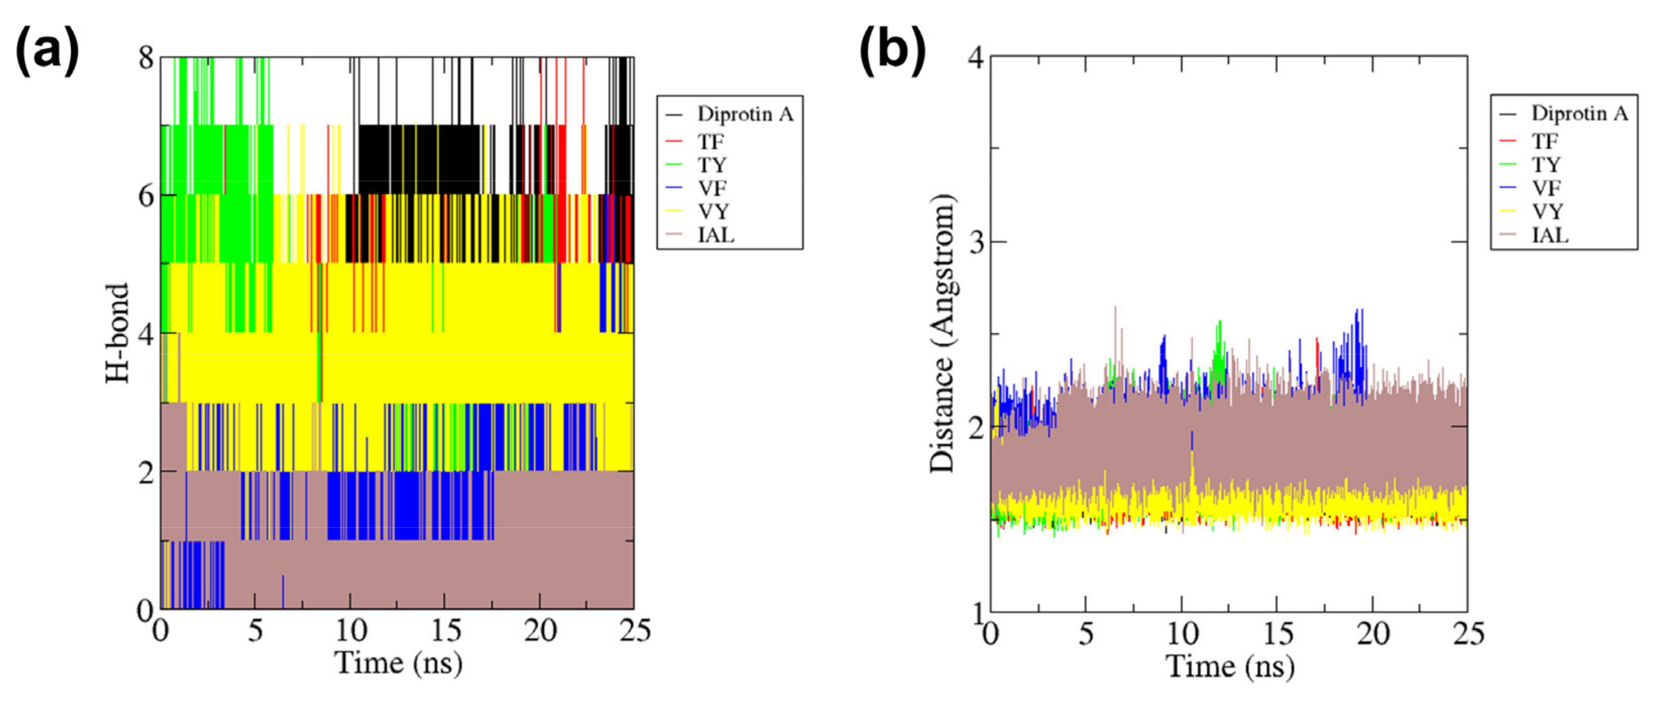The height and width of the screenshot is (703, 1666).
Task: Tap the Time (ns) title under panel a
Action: coord(398,664)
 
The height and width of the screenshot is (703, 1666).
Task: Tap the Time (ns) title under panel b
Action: coord(1229,666)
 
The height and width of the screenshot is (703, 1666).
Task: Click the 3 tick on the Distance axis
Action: coord(976,242)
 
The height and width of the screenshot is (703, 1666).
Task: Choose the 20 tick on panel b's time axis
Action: coord(1372,634)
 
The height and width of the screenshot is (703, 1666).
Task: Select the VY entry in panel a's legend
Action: coord(713,212)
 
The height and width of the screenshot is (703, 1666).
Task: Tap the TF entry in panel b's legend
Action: coord(1545,140)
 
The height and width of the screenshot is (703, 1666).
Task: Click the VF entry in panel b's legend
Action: coord(1546,187)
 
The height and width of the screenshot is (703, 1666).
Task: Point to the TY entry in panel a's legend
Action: coord(712,165)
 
